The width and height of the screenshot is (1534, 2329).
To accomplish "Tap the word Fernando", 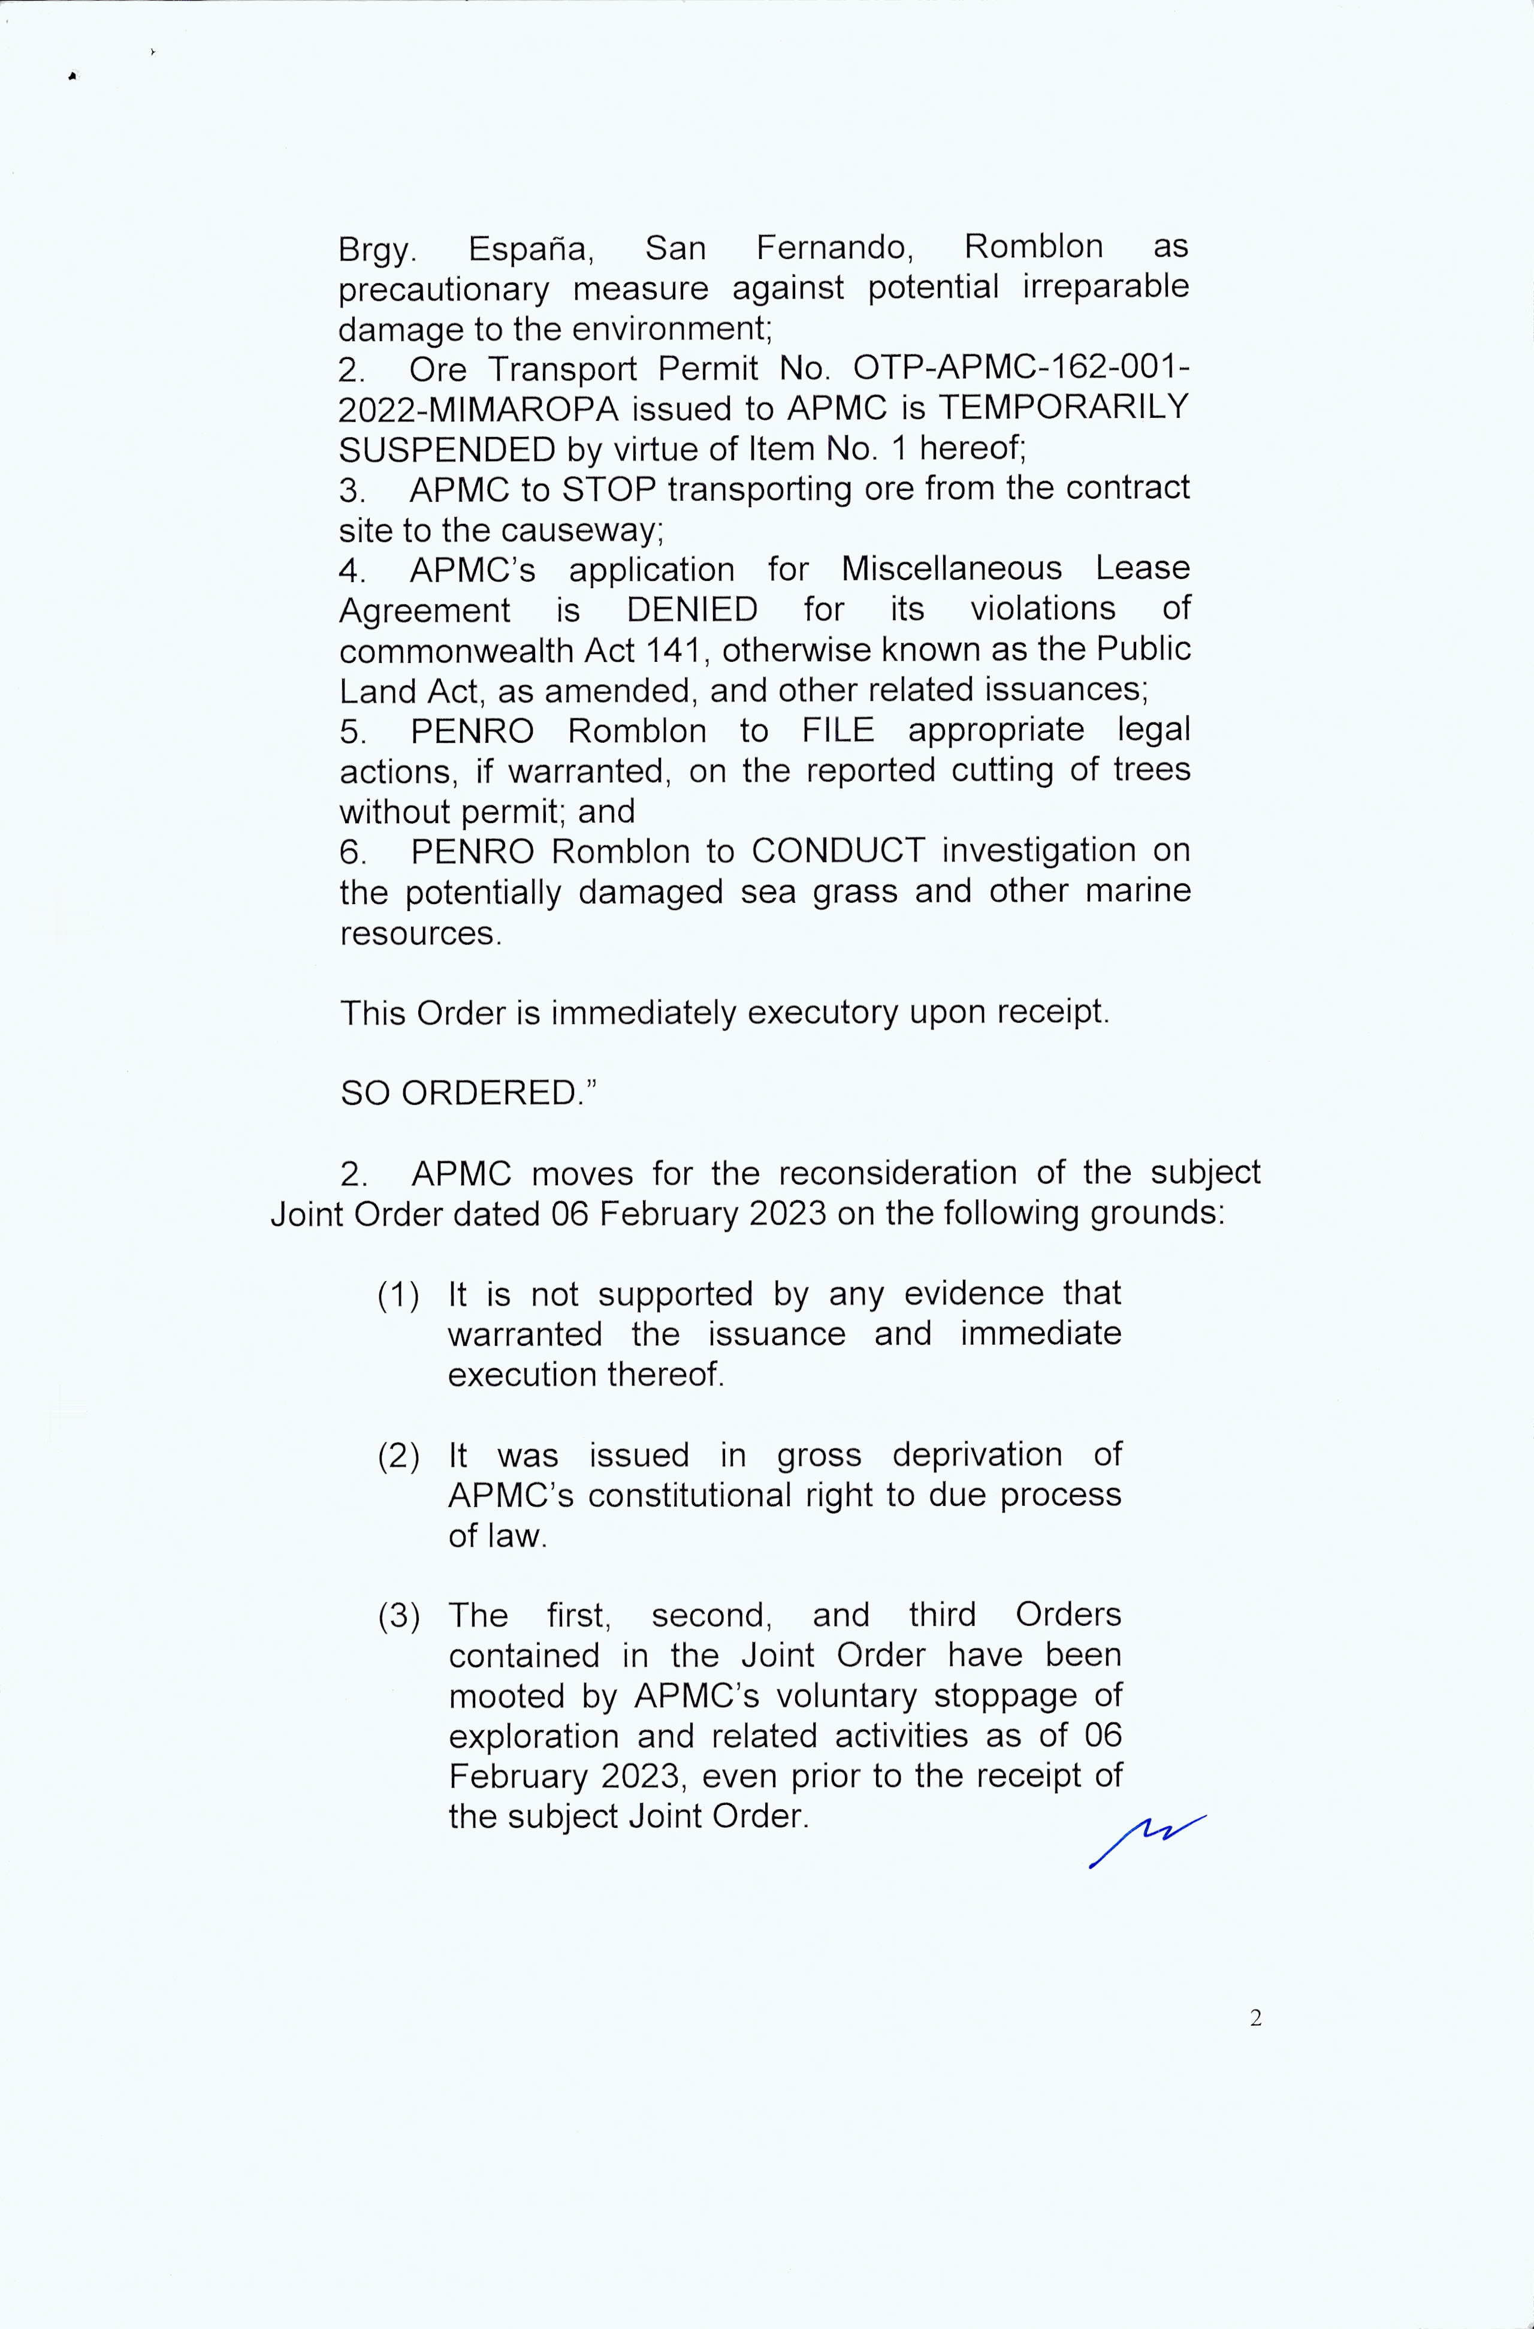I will [835, 248].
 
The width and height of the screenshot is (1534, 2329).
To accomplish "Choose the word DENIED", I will [691, 608].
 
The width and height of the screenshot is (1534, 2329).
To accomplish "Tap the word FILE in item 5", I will [838, 730].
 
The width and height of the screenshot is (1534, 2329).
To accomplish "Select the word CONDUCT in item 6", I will [838, 851].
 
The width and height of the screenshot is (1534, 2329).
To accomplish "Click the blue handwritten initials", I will [1146, 1840].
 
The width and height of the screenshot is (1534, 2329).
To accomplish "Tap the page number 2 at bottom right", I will [1256, 2018].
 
